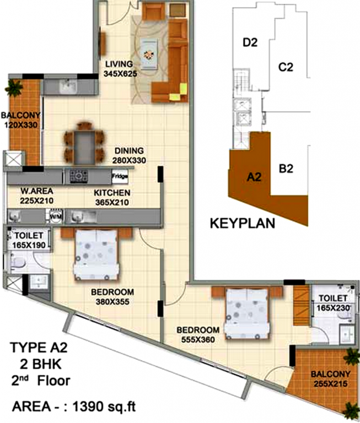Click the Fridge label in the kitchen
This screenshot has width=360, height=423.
tap(119, 176)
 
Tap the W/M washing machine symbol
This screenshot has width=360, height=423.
tap(55, 216)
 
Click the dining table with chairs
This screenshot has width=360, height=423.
tap(84, 142)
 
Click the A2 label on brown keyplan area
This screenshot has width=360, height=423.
tap(253, 177)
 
